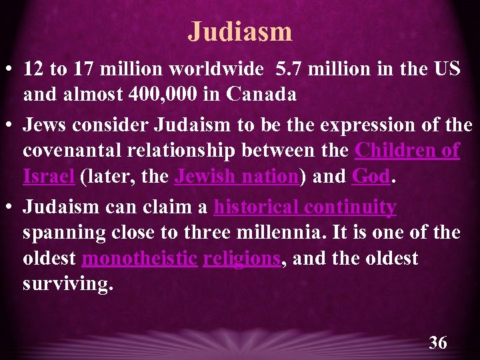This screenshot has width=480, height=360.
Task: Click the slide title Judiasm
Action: [240, 31]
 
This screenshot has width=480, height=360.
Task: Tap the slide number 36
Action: [438, 343]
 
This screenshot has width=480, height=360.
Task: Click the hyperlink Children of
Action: [407, 151]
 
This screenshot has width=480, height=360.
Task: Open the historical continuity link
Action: [305, 207]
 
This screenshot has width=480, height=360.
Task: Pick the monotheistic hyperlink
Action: [139, 258]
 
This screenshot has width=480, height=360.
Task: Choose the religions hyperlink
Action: [241, 258]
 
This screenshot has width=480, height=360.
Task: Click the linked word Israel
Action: [49, 177]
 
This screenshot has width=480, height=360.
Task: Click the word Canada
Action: [261, 95]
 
